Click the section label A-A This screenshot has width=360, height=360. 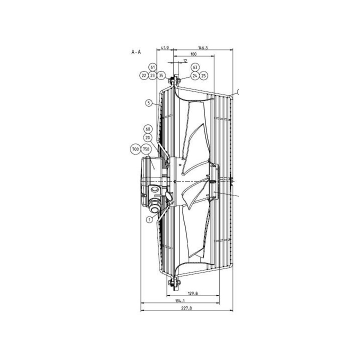136,52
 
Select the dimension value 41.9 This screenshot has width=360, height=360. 165,48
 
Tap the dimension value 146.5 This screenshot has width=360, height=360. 203,48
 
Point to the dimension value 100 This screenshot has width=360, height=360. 193,54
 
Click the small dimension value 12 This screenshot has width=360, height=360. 185,60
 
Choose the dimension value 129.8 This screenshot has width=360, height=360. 193,293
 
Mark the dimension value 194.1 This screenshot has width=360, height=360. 180,300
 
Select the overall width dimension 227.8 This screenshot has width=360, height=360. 186,308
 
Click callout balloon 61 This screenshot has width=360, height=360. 153,67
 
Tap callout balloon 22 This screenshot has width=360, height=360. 144,75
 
